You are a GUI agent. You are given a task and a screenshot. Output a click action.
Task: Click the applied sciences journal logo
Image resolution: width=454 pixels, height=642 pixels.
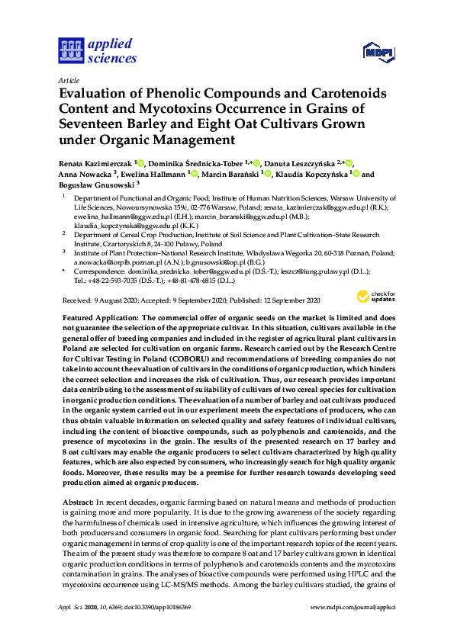(97, 50)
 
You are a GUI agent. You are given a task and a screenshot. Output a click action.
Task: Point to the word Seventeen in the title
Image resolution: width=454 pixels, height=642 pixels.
(92, 124)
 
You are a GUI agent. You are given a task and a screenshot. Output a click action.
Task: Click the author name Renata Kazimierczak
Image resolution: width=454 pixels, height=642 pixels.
(95, 163)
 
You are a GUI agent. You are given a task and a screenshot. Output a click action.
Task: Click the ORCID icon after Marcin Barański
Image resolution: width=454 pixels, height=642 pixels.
(269, 175)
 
